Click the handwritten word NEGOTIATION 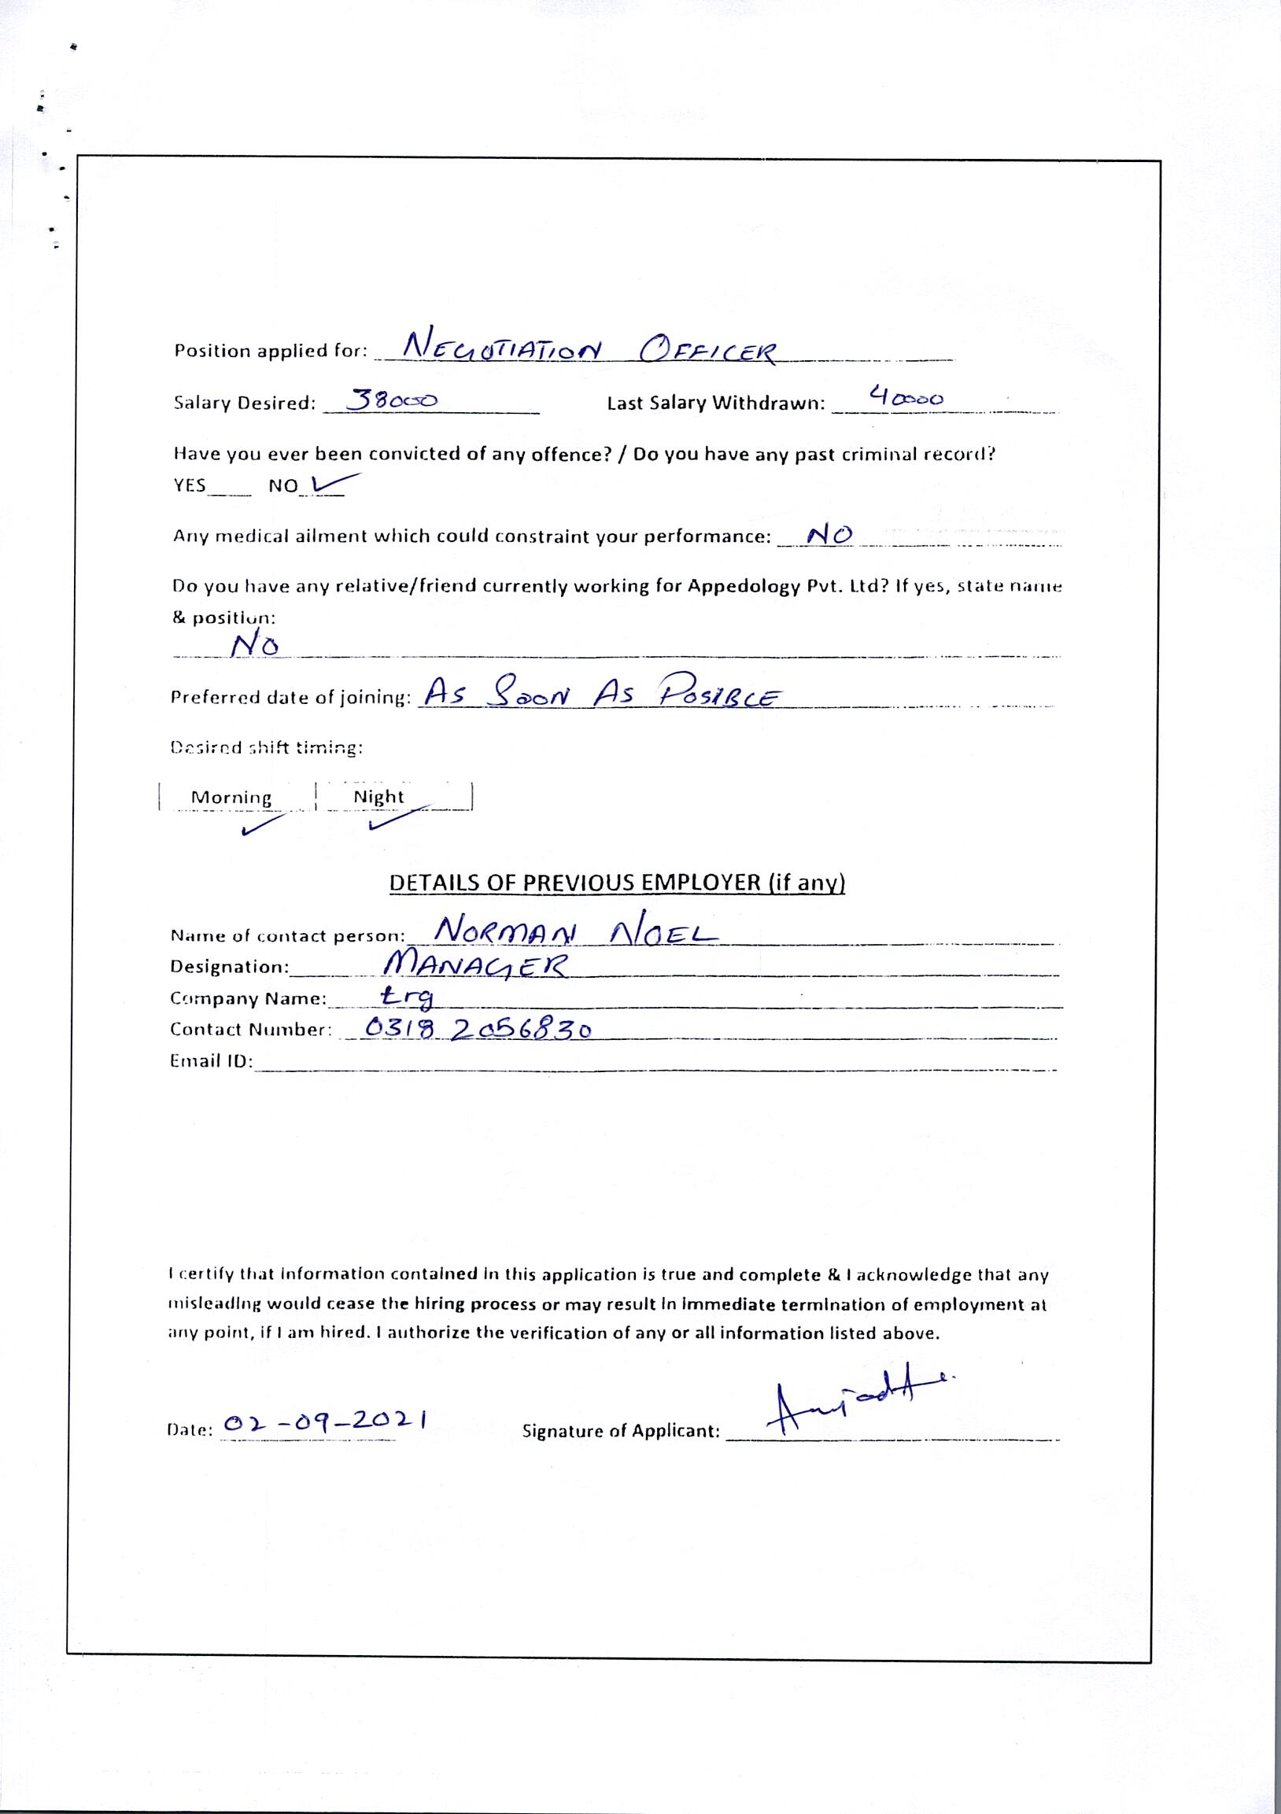[503, 346]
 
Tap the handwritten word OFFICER [709, 348]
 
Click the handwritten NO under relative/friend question [254, 646]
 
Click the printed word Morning [231, 797]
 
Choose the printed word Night [378, 796]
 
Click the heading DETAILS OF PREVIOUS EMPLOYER [617, 883]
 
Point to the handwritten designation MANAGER [474, 964]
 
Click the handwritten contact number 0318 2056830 [479, 1027]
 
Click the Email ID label [211, 1061]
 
